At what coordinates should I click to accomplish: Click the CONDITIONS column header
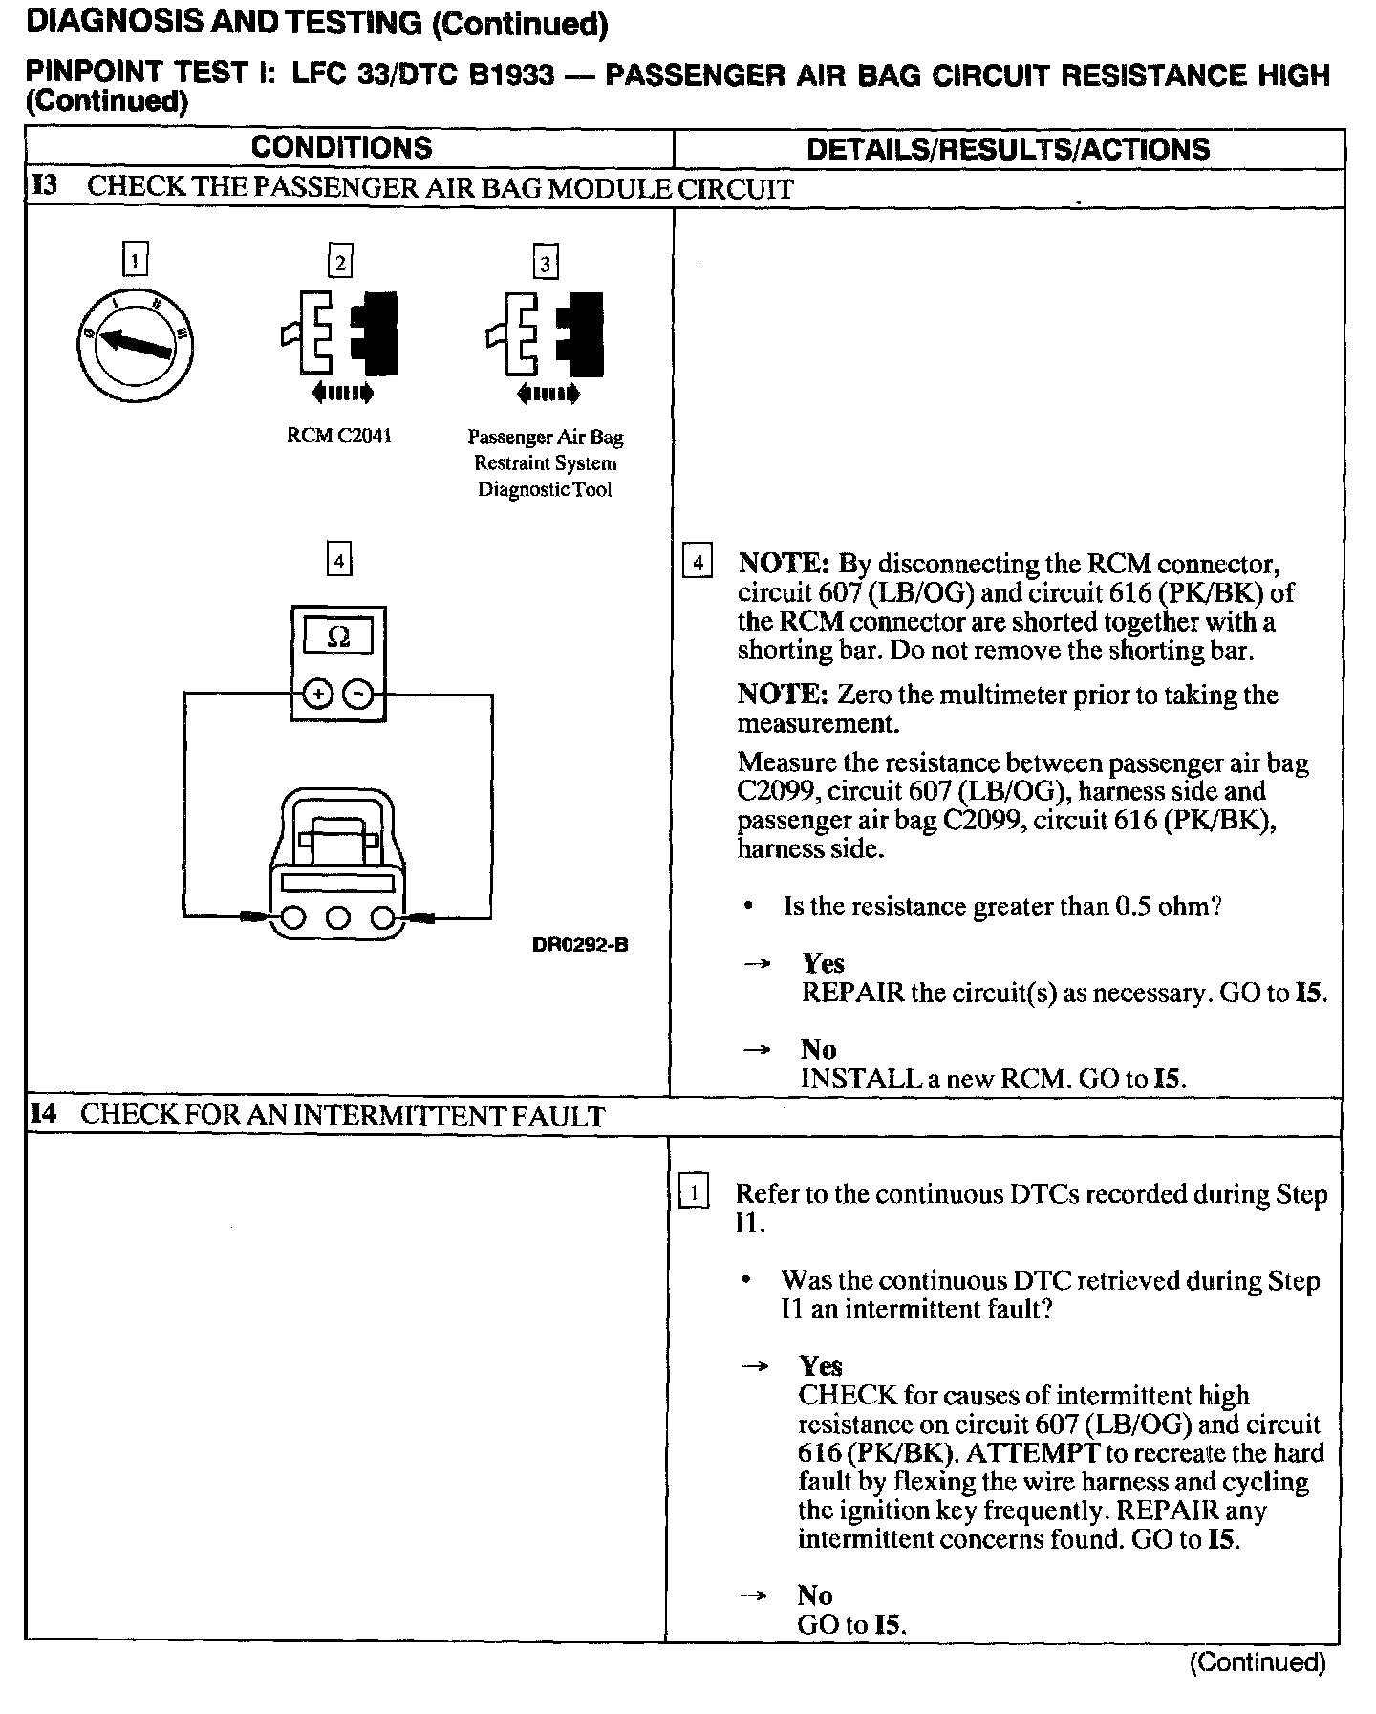341,148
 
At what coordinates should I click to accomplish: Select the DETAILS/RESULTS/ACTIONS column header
1008,149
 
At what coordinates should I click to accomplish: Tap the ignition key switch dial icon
136,345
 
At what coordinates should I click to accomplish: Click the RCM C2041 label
339,437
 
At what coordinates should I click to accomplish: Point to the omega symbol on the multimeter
338,636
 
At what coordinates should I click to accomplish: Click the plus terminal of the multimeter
316,695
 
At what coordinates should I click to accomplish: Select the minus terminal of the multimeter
357,695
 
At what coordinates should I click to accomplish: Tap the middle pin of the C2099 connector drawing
338,918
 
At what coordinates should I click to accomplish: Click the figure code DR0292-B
580,946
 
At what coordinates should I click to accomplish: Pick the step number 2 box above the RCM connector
339,261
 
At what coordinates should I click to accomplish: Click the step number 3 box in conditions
545,263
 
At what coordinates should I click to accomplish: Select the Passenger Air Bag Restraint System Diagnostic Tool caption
546,463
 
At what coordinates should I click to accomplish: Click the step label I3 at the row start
45,185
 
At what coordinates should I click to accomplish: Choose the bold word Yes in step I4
821,1366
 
